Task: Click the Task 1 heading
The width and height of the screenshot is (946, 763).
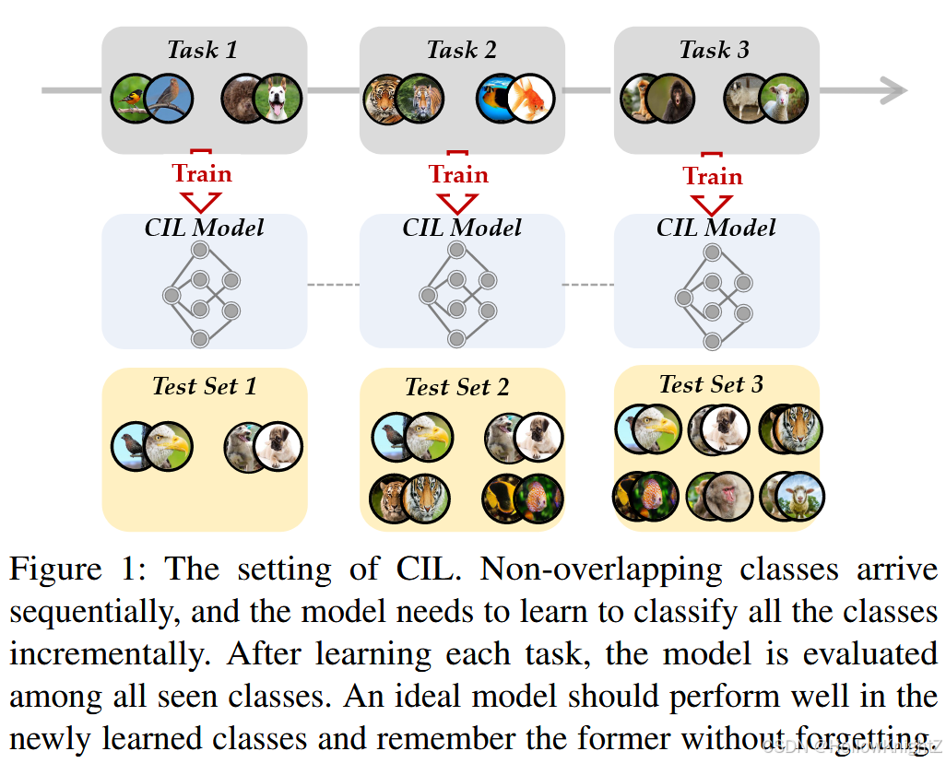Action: [203, 50]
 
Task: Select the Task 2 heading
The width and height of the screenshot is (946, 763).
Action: [461, 50]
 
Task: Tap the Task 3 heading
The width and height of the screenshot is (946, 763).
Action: [715, 50]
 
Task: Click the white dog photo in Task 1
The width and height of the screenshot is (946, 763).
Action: [277, 99]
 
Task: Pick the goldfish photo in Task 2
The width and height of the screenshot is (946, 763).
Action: [530, 99]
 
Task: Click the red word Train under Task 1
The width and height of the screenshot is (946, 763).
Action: [202, 173]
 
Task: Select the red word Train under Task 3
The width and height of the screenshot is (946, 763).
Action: [713, 176]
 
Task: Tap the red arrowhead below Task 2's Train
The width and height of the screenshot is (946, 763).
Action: [458, 203]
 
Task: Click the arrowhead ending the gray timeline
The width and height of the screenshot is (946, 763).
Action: [893, 90]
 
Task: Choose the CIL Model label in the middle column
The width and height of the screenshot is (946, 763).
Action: [462, 228]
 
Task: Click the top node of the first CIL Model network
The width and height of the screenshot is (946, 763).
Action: [200, 250]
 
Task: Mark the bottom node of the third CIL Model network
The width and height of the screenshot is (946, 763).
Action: [712, 342]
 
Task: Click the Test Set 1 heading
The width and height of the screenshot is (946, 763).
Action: [204, 385]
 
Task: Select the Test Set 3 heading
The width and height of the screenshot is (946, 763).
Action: [712, 383]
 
